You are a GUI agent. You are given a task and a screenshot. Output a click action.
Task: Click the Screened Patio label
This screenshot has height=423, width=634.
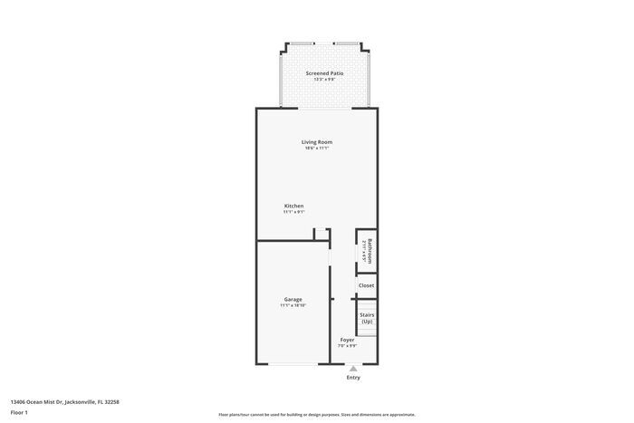coord(325,72)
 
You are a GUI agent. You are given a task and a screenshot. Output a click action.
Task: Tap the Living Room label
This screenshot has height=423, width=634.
coord(317,141)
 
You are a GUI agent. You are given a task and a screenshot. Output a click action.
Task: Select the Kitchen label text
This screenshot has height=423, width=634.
coord(293,206)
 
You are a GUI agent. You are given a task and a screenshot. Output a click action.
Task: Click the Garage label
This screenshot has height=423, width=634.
coord(293,299)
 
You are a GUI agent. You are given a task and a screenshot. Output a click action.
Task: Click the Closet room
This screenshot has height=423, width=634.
coord(366,285)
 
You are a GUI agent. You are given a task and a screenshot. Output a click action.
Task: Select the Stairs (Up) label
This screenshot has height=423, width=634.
coord(367,318)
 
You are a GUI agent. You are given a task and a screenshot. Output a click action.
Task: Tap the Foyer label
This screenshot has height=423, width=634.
coord(347,340)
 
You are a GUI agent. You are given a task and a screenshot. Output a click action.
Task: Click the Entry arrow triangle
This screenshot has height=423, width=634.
coord(353,369)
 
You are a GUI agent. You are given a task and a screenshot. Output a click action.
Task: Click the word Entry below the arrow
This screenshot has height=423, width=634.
coord(353,378)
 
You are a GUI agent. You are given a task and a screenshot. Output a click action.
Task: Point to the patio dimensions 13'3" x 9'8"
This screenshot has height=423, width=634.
coord(325,80)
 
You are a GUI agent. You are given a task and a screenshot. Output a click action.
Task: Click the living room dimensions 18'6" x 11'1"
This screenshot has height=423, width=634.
coord(317,149)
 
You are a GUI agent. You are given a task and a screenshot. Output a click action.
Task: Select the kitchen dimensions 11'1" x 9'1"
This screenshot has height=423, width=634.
coord(293,212)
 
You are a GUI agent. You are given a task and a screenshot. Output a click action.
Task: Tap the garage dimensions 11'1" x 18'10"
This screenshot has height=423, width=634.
coord(293,306)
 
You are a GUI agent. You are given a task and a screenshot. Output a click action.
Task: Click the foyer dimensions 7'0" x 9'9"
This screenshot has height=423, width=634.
coord(347,346)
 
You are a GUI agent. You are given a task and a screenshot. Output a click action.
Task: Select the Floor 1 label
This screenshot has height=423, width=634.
coord(19,412)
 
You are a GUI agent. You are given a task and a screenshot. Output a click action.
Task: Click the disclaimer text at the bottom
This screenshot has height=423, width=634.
coord(316,402)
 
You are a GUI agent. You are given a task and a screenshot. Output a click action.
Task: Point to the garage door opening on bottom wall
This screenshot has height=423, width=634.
coord(293,363)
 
